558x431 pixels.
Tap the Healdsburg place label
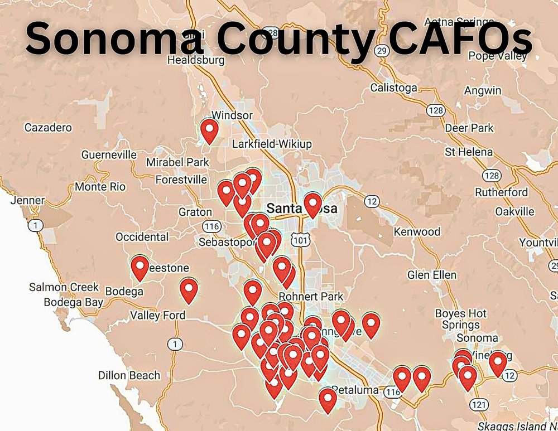coord(195,60)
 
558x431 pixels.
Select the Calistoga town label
coord(393,88)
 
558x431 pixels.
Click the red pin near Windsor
coord(209,131)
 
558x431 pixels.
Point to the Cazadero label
coord(48,128)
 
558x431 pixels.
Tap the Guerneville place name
coord(109,154)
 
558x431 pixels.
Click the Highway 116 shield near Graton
coord(211,226)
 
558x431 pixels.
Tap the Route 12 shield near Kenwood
coord(372,201)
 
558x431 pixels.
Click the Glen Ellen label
coord(431,275)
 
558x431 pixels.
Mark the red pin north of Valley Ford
coord(189,290)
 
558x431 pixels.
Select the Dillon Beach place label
coord(129,375)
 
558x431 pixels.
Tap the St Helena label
coord(468,152)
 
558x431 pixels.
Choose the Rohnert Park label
coord(311,296)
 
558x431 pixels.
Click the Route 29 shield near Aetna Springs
coord(382,51)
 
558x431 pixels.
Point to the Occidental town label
coord(142,237)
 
